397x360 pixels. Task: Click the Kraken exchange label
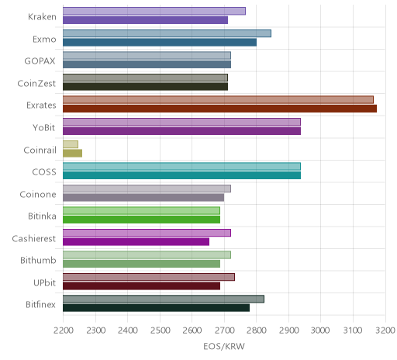42,17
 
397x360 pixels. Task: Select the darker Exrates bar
219,109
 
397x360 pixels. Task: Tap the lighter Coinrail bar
71,144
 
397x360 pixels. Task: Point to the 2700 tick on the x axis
224,331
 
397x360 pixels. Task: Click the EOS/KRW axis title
224,346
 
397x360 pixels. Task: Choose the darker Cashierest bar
136,242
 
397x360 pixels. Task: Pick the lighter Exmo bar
167,33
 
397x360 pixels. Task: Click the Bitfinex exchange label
40,305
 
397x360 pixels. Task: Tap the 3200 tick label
385,331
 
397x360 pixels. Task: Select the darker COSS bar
181,175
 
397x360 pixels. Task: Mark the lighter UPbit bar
149,277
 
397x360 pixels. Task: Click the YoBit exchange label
44,128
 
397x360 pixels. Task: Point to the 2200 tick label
63,331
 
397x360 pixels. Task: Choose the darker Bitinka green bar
141,220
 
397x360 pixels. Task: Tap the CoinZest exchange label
36,84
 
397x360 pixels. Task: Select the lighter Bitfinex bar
164,299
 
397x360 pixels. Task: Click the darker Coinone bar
143,198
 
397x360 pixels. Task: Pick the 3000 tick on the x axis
320,331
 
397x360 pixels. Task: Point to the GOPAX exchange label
40,61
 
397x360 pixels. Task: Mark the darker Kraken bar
145,20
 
